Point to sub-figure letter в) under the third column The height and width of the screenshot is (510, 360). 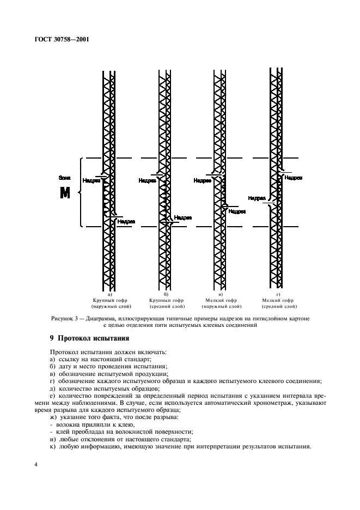pyautogui.click(x=221, y=294)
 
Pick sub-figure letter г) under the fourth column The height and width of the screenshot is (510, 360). pyautogui.click(x=276, y=294)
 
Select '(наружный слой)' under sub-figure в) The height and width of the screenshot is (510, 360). pyautogui.click(x=221, y=307)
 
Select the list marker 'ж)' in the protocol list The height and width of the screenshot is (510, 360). pyautogui.click(x=53, y=417)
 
